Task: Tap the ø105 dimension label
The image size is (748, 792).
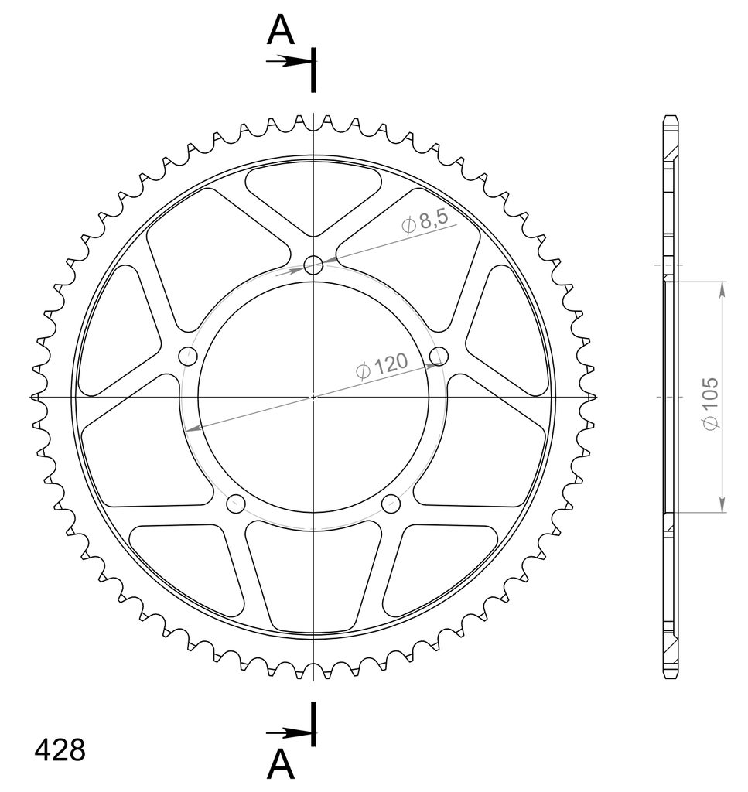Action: pyautogui.click(x=711, y=403)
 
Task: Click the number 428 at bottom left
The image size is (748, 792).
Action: pyautogui.click(x=60, y=749)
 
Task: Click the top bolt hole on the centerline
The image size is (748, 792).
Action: pyautogui.click(x=313, y=265)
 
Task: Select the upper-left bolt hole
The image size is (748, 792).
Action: pyautogui.click(x=188, y=356)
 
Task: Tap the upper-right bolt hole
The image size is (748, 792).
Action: pyautogui.click(x=439, y=356)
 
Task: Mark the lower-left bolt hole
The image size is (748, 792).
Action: pyautogui.click(x=236, y=504)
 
